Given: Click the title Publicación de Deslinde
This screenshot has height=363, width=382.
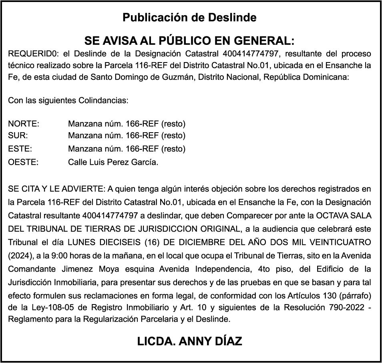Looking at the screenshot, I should coord(189,18).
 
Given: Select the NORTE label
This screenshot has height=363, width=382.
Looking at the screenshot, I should coord(24,123).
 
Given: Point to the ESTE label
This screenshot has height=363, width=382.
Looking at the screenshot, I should coord(20,149).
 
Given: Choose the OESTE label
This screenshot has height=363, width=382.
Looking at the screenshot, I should coord(23,162).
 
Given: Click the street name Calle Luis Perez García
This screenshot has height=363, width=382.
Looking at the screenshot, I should coord(113,162).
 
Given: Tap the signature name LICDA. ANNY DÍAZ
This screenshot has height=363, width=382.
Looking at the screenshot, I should coord(189,341).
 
